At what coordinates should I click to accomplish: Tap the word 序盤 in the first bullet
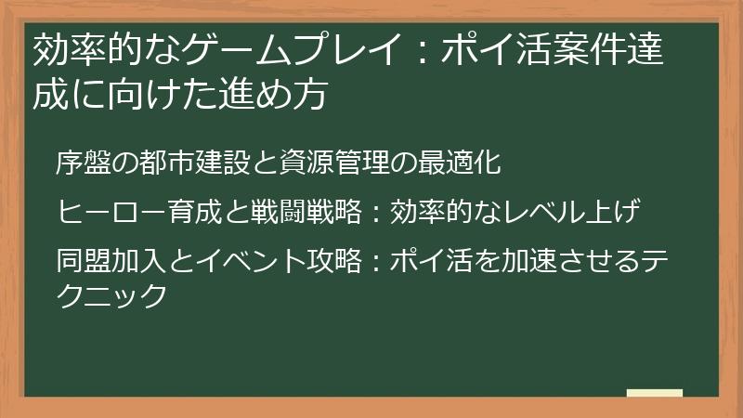pos(81,163)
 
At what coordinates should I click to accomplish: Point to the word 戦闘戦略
pos(307,211)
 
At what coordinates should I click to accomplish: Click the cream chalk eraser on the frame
pos(654,393)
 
